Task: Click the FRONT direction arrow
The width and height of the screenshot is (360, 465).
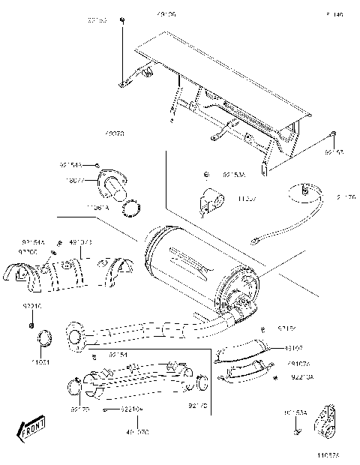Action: pos(31,430)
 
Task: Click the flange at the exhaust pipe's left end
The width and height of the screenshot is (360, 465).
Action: pos(75,337)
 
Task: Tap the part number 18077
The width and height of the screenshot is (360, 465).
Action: pos(72,181)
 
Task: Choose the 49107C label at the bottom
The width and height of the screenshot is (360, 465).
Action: pos(138,433)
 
